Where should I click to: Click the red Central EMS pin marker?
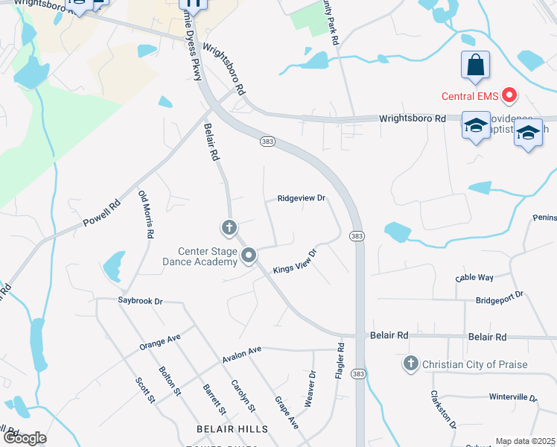[510, 95]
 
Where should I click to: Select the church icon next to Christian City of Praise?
[410, 364]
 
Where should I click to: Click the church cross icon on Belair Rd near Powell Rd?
[229, 227]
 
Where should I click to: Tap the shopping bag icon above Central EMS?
[476, 66]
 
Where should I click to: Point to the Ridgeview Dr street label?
[302, 198]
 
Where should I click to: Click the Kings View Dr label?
[295, 261]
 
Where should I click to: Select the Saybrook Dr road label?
[140, 301]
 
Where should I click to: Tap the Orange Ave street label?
[160, 343]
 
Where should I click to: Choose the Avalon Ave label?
[242, 354]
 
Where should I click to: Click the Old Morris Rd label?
[146, 214]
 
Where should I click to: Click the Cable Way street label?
[474, 278]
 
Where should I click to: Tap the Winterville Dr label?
[513, 397]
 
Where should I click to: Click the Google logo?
[25, 438]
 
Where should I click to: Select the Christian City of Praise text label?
[475, 364]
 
